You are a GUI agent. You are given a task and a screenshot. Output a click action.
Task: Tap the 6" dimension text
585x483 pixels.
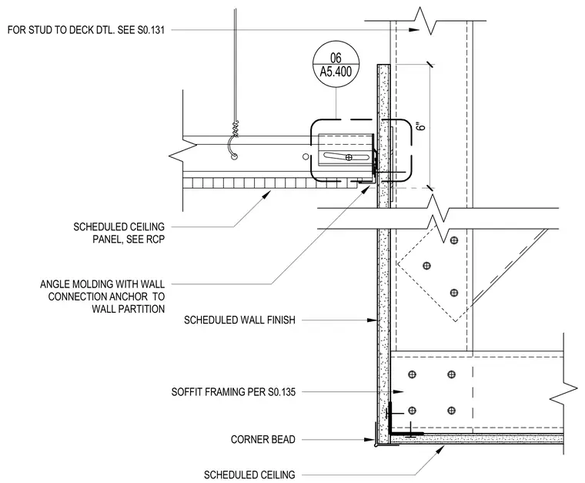[422, 126]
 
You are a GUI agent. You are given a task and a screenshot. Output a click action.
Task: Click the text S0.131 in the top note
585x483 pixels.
[151, 30]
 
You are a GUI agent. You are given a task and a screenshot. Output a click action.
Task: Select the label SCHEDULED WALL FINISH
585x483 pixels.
[239, 320]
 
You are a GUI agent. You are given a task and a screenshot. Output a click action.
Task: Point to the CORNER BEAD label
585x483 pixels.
[263, 439]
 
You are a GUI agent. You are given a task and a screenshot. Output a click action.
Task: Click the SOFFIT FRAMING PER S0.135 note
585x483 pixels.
[233, 392]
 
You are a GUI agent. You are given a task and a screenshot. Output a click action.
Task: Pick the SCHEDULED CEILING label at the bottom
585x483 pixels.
[249, 475]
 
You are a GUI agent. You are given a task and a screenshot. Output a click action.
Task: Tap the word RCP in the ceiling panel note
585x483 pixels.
[155, 239]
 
